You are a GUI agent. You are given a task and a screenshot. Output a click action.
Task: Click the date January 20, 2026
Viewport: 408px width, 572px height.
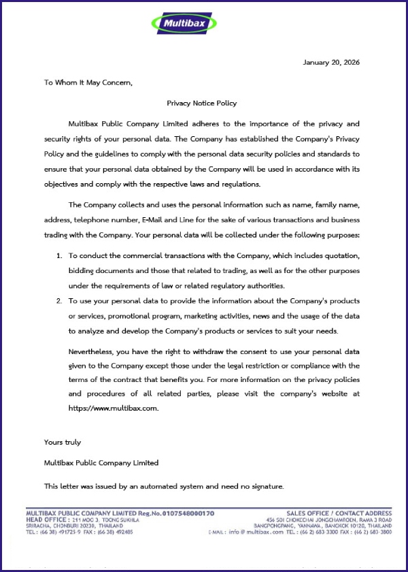331,63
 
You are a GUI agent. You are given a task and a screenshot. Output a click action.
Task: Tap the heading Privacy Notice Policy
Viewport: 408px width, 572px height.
202,104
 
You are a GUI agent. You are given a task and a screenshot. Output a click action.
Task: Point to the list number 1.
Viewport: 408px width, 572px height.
58,255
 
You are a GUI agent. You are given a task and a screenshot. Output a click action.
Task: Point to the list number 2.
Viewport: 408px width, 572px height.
58,300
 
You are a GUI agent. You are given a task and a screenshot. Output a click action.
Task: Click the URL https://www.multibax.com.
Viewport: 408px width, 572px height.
114,408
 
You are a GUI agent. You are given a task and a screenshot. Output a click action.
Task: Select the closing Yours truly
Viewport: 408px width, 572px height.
63,443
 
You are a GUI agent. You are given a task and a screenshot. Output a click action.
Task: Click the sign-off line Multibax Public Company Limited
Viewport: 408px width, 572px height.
101,463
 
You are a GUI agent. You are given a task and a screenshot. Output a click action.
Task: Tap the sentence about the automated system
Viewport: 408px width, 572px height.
164,486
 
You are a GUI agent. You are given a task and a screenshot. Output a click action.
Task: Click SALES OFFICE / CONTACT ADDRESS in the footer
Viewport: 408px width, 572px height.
339,513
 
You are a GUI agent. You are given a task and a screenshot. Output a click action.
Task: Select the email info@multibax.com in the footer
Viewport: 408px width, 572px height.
256,532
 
